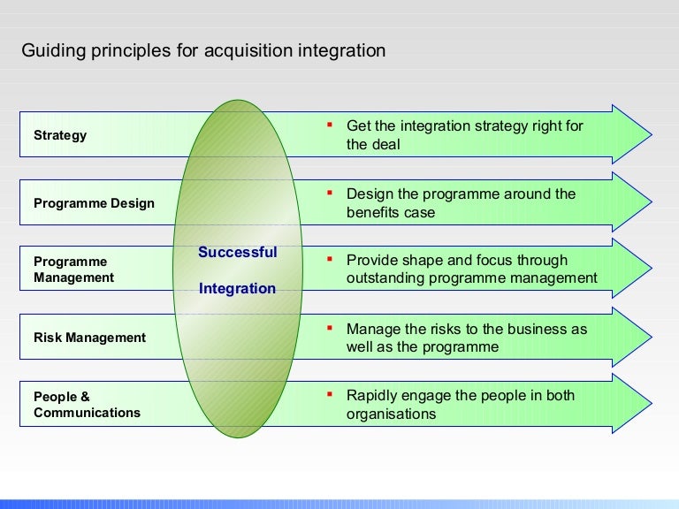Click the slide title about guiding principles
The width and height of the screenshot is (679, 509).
click(x=203, y=50)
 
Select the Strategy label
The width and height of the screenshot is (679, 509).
click(x=60, y=135)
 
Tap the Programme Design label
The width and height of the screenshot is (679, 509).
click(x=94, y=203)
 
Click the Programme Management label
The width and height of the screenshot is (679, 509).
click(x=73, y=270)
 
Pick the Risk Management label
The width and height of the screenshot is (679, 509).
click(x=89, y=338)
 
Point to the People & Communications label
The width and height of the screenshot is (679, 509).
click(x=87, y=405)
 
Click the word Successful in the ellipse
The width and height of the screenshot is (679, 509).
click(x=237, y=252)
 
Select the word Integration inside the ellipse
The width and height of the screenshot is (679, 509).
click(x=237, y=288)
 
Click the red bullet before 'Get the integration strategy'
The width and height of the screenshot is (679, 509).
click(x=328, y=124)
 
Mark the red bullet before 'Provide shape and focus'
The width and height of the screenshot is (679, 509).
click(x=328, y=258)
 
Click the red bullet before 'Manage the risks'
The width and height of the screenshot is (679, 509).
click(x=328, y=327)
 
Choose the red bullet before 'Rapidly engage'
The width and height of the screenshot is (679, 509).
click(x=328, y=393)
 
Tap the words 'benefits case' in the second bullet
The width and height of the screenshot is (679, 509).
click(x=391, y=212)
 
